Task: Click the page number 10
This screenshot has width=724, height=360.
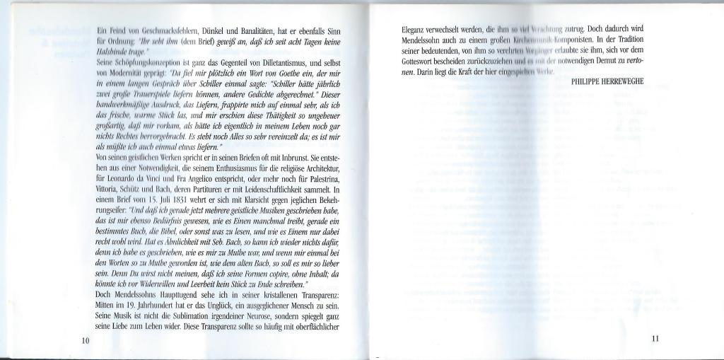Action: [85, 340]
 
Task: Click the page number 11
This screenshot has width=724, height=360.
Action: [655, 338]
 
